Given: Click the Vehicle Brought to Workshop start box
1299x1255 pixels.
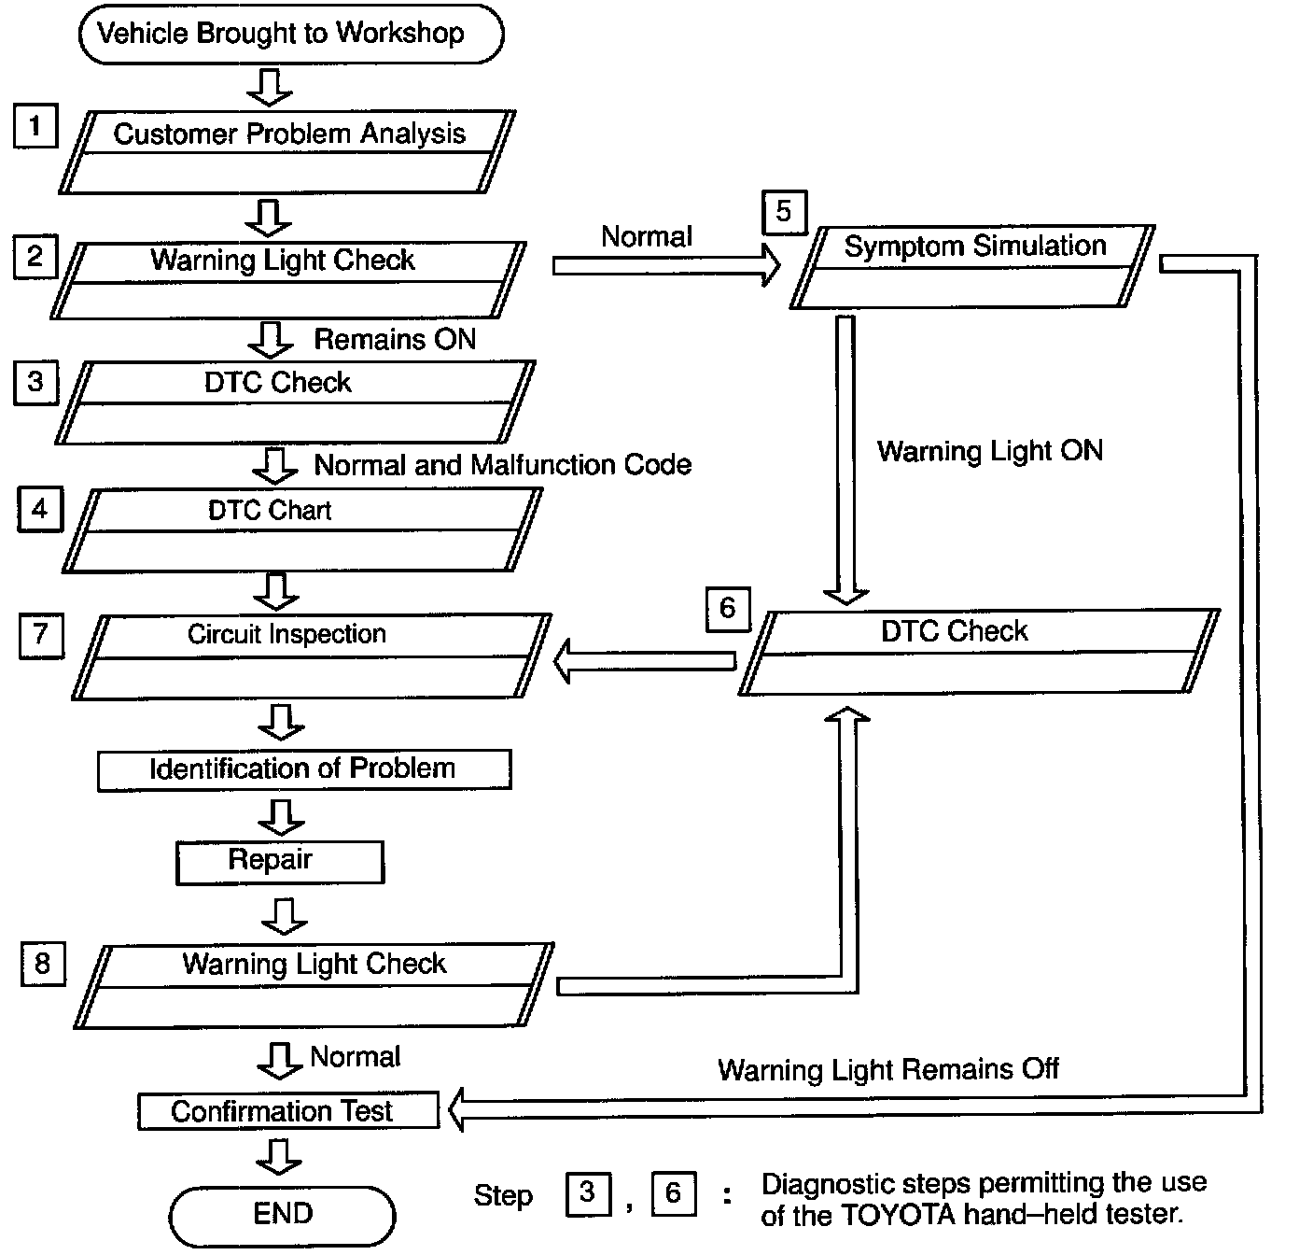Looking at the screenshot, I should click(x=290, y=35).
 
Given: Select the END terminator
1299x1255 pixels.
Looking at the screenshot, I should click(x=282, y=1214).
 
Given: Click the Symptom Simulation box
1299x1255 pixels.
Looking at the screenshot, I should click(x=972, y=266).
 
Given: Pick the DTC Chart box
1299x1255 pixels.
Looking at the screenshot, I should click(x=301, y=529).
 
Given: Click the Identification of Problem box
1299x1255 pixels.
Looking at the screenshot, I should click(x=304, y=769).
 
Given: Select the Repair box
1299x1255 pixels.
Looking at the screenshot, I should click(x=279, y=862).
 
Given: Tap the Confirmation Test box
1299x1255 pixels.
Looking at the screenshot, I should click(x=287, y=1111).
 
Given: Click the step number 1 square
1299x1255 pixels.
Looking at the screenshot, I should click(x=35, y=126).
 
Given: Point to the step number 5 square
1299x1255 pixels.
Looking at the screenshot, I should click(x=784, y=213).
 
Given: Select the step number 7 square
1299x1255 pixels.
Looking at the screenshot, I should click(x=41, y=636).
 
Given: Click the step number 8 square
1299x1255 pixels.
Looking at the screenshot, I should click(x=43, y=964).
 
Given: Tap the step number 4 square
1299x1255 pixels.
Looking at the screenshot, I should click(x=40, y=510).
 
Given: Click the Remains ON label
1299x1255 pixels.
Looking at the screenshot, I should click(x=395, y=339).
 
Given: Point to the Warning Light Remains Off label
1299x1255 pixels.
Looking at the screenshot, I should click(x=887, y=1069).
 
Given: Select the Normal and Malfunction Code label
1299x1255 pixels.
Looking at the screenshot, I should click(x=503, y=465).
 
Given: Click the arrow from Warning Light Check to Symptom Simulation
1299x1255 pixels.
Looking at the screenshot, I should click(x=665, y=266).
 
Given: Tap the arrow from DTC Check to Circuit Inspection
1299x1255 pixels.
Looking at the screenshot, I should click(x=645, y=662).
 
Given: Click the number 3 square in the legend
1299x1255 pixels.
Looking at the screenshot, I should click(x=588, y=1193).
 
